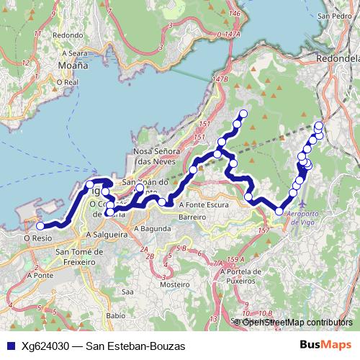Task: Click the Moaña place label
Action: click(x=72, y=65)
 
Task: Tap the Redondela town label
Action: click(x=341, y=58)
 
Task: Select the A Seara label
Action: click(x=74, y=53)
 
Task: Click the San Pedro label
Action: click(x=333, y=15)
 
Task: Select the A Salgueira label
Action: click(x=107, y=234)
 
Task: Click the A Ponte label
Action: click(x=38, y=275)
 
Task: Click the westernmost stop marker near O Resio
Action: click(x=40, y=226)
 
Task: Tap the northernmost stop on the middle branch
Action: click(x=243, y=113)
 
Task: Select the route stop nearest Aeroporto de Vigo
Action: click(x=279, y=211)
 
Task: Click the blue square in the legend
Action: click(x=9, y=346)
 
